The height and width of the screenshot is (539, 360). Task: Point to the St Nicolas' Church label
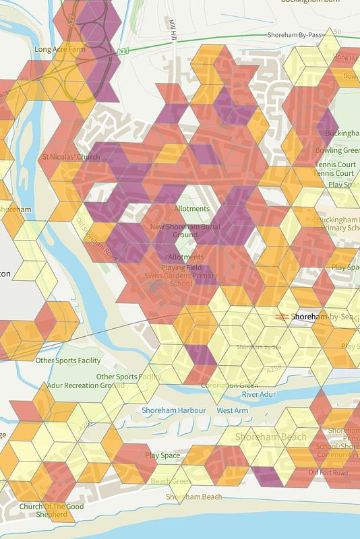point(71,157)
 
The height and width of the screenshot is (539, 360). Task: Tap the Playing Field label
point(186,267)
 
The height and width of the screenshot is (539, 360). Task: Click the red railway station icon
point(282,315)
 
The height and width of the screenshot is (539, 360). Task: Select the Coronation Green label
point(229,385)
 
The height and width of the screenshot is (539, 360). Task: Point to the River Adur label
point(260,393)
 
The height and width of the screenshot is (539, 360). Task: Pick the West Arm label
point(232,410)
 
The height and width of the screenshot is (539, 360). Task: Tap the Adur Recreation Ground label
point(85,385)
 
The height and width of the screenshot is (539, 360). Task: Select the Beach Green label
point(170,481)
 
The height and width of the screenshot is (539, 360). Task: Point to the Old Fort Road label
point(328,472)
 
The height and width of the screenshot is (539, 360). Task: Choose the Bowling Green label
point(337,150)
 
